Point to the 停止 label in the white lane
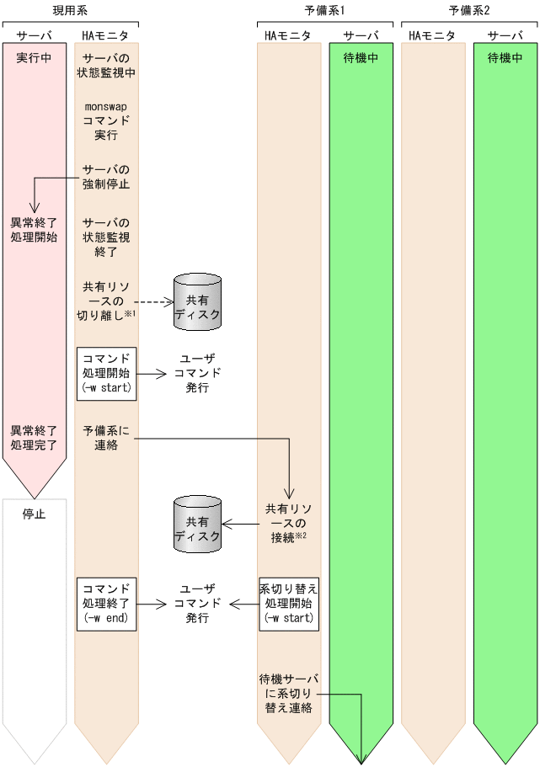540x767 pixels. click(34, 513)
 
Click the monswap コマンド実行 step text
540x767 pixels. click(107, 120)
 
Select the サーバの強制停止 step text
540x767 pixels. click(107, 176)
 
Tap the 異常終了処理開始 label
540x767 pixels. click(34, 230)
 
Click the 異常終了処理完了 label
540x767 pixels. click(34, 438)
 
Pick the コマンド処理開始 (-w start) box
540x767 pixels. click(107, 371)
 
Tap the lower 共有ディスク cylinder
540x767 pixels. click(197, 524)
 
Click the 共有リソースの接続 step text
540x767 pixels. click(288, 524)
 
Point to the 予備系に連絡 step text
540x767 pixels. click(107, 438)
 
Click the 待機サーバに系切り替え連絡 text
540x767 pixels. click(288, 693)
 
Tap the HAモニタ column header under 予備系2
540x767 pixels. click(432, 35)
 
